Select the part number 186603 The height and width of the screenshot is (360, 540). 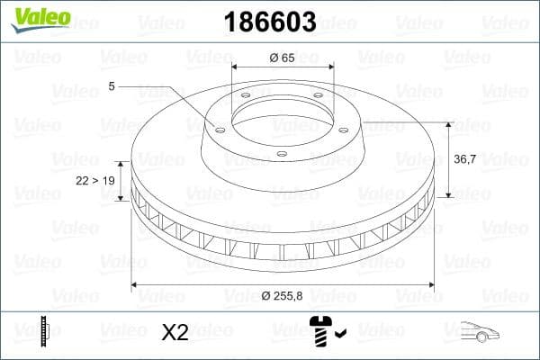[262, 20]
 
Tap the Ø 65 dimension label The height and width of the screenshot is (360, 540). [283, 58]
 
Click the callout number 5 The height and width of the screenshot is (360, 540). [112, 86]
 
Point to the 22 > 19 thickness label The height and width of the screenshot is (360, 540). [94, 180]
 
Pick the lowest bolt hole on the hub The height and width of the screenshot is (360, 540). [281, 154]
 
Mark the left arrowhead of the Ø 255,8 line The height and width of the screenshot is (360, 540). [135, 285]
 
